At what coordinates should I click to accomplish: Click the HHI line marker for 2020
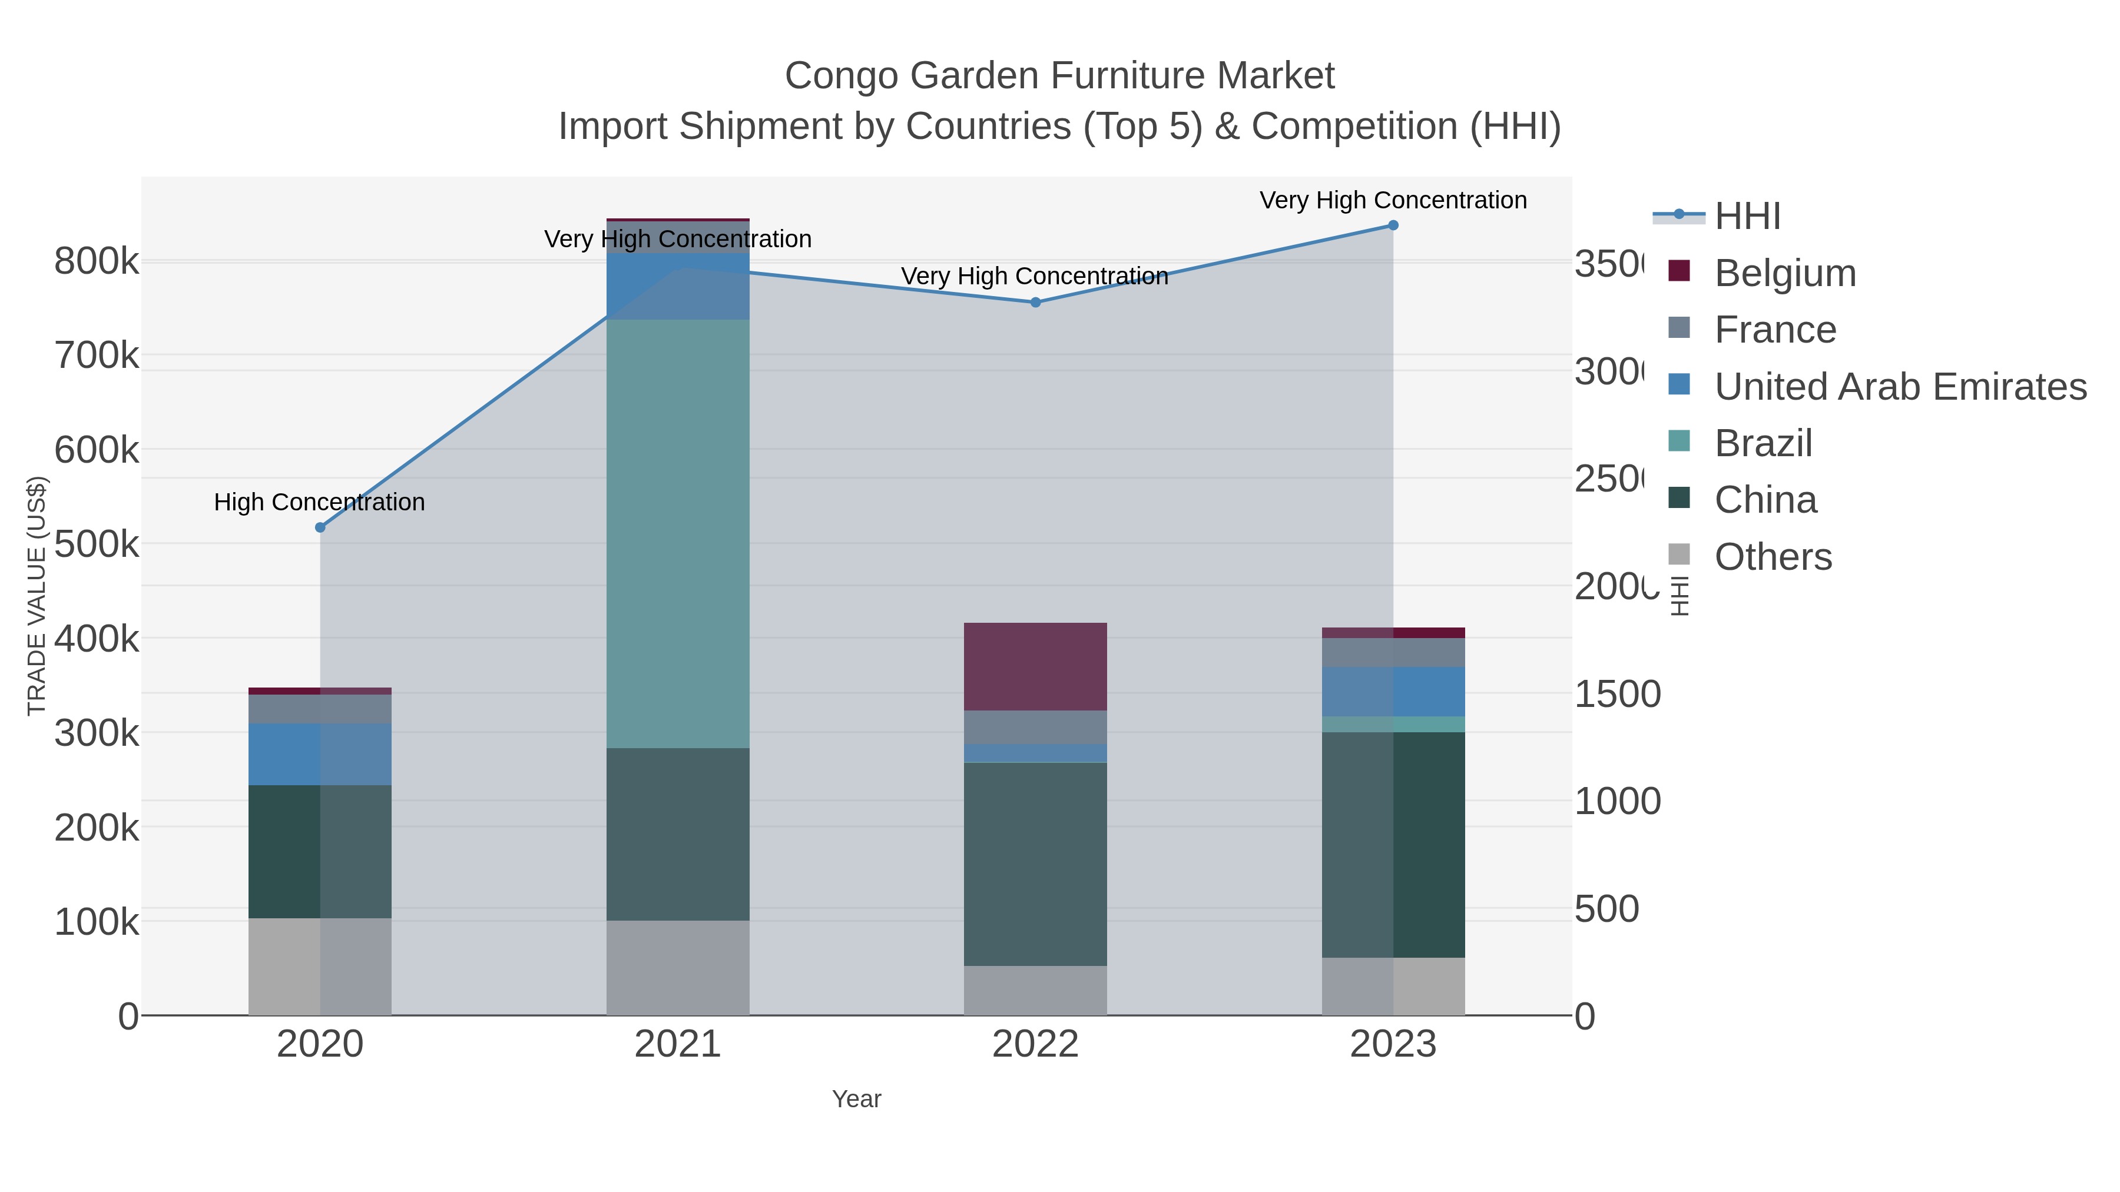(320, 527)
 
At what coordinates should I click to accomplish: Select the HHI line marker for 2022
(1035, 302)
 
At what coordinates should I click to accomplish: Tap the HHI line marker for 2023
(1393, 225)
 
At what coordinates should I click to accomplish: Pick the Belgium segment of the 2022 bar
(1035, 666)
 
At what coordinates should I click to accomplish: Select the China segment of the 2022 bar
(1035, 864)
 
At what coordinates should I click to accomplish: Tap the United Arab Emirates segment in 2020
(320, 755)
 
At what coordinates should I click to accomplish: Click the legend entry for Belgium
(1785, 273)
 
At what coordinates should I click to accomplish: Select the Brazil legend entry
(1763, 443)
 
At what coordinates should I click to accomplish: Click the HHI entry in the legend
(1747, 217)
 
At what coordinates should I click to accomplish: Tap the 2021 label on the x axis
(677, 1044)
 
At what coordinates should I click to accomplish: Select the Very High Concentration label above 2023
(1393, 200)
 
